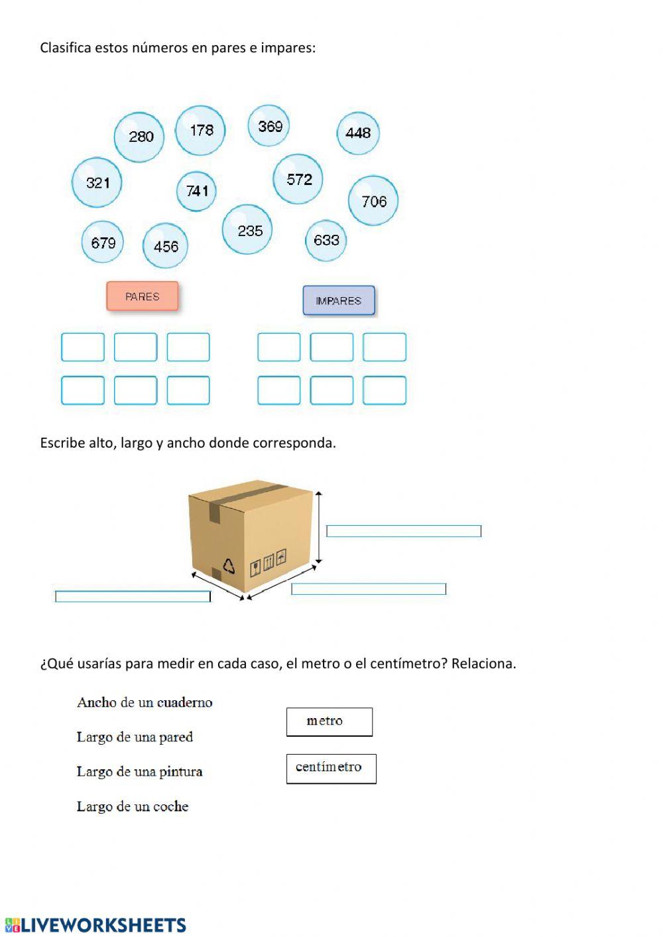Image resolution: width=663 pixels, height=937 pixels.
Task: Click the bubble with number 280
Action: [x=139, y=137]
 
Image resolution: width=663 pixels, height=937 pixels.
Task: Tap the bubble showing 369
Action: [x=269, y=125]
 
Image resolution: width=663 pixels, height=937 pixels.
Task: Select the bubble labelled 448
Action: [x=358, y=133]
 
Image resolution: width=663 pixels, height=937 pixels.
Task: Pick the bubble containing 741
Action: [x=196, y=191]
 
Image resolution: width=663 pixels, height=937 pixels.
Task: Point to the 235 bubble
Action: [x=247, y=229]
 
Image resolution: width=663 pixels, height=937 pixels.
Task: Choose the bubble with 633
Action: [x=326, y=240]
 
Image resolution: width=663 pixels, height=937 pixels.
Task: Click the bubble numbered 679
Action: [x=103, y=242]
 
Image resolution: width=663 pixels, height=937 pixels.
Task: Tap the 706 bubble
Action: [x=373, y=201]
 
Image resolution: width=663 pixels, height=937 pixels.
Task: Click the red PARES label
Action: [x=143, y=296]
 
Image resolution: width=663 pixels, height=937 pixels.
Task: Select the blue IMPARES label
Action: [x=339, y=300]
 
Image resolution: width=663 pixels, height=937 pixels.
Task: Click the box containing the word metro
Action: [x=329, y=721]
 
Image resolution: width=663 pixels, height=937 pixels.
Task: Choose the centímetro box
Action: [x=331, y=768]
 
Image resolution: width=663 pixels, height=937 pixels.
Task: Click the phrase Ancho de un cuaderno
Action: [x=145, y=702]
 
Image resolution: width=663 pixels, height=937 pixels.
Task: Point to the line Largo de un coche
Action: [x=133, y=806]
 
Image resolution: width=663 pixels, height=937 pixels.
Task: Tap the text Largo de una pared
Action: [x=135, y=737]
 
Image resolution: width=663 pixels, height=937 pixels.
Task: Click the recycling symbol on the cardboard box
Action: [x=229, y=566]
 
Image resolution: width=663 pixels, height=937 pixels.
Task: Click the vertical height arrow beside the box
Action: [x=319, y=527]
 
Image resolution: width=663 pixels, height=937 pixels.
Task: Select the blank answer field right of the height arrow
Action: [x=403, y=531]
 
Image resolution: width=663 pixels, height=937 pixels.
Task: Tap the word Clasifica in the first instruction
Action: [x=65, y=48]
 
